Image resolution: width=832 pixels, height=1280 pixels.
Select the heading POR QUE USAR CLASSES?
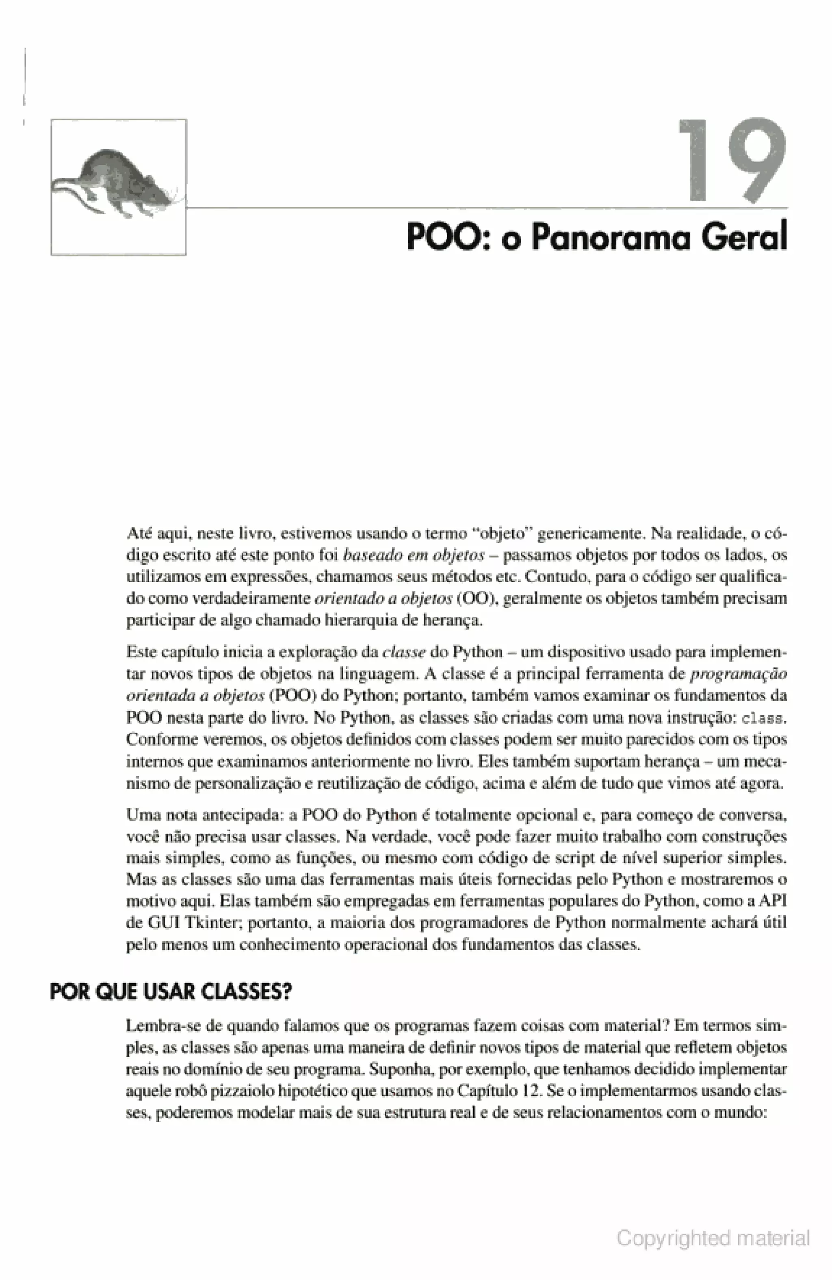tap(170, 992)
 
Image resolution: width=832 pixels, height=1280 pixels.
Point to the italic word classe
tap(404, 652)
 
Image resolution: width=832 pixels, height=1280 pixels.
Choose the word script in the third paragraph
tap(568, 858)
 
